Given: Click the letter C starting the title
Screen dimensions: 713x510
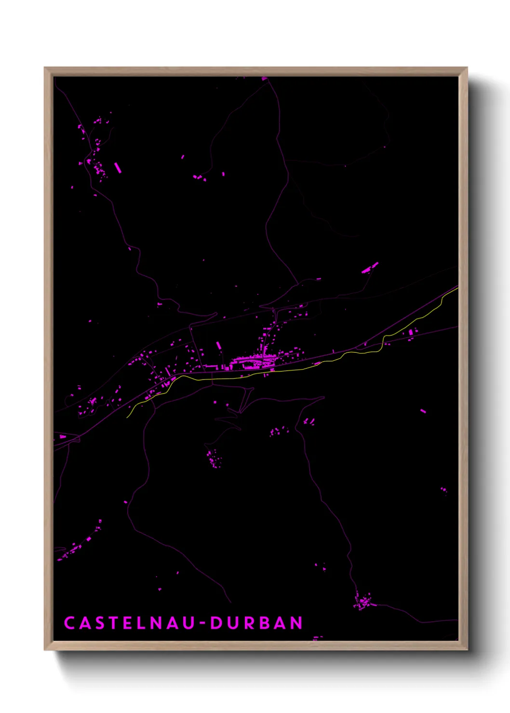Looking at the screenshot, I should click(70, 623).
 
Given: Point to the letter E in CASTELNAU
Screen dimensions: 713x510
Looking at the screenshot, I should click(128, 623).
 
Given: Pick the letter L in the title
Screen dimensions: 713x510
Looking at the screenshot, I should click(141, 623).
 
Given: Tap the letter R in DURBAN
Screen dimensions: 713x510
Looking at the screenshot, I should click(248, 623).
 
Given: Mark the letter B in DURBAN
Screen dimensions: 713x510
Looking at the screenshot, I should click(264, 623).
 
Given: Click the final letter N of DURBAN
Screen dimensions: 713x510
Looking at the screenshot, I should click(296, 623).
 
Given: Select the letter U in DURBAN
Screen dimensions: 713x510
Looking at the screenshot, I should click(232, 623).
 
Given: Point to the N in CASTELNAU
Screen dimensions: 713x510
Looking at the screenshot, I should click(156, 623).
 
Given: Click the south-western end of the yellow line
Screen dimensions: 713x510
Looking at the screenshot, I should click(127, 417).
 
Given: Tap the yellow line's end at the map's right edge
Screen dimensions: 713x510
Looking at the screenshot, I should click(457, 288).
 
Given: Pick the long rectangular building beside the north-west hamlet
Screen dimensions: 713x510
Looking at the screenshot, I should click(117, 168).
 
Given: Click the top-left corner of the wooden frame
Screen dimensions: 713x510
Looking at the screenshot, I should click(45, 68).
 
